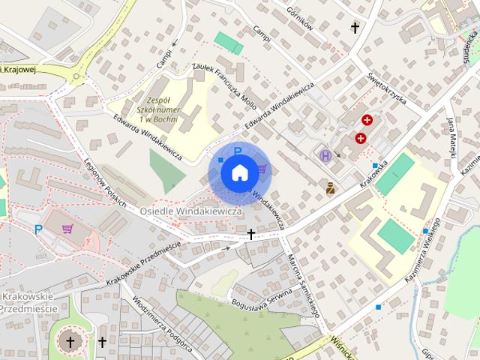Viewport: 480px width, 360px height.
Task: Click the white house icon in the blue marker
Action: tap(238, 173)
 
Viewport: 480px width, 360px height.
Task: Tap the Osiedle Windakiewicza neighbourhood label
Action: tap(190, 211)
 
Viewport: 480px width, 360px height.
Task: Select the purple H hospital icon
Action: tap(325, 156)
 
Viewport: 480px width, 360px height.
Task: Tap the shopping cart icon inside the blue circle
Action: tap(262, 169)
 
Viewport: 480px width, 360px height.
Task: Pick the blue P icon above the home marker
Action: tap(238, 152)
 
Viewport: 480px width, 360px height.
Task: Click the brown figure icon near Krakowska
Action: tap(330, 187)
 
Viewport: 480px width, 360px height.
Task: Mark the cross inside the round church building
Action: tap(71, 343)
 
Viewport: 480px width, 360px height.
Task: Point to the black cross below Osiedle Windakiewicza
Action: tap(251, 235)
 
